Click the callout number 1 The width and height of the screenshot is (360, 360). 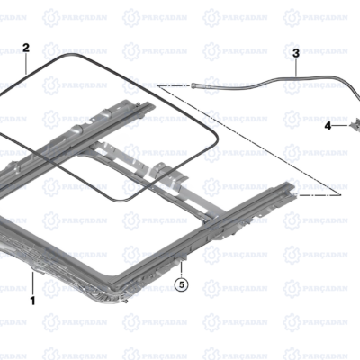[32, 301]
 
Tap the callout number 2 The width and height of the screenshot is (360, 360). [26, 48]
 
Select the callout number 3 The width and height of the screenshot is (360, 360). [296, 54]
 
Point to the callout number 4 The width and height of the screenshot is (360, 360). [328, 126]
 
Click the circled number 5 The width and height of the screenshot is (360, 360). [181, 284]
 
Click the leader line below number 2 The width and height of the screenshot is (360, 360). [26, 64]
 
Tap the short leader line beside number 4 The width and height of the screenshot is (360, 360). [340, 126]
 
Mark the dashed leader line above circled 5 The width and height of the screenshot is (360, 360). [181, 269]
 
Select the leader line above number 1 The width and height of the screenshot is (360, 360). [33, 283]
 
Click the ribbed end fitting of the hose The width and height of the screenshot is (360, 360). [195, 85]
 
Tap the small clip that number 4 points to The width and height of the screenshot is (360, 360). [355, 124]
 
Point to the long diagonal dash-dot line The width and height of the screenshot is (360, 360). [249, 140]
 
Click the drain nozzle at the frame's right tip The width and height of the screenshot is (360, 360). [294, 195]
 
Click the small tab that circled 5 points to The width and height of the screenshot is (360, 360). [181, 256]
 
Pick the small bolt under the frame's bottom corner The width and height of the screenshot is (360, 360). [126, 301]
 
